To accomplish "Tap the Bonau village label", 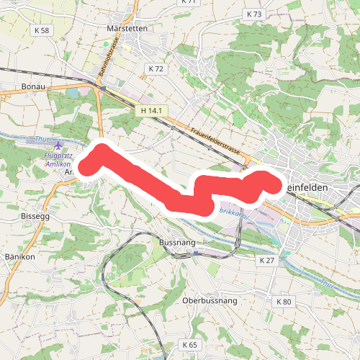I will coord(34,86).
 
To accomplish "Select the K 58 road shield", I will coord(41,30).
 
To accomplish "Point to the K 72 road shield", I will coord(155,69).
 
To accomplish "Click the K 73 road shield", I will coord(254,14).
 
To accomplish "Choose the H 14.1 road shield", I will coord(154,110).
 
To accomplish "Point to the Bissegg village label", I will coord(36,215).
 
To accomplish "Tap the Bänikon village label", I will coord(20,256).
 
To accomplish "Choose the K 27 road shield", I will coord(267,259).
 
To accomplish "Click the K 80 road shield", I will coord(283,300).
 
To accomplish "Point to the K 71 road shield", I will coord(189,2).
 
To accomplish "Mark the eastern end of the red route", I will coord(271,182).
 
